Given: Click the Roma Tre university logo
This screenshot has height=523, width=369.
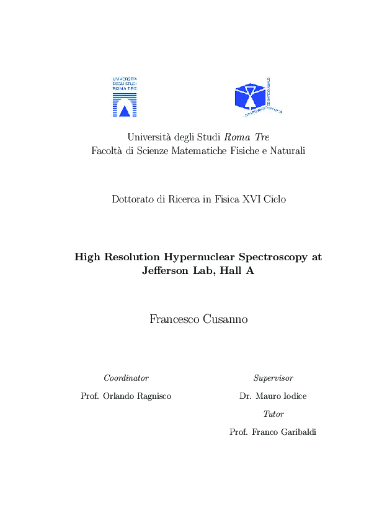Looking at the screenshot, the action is tap(125, 97).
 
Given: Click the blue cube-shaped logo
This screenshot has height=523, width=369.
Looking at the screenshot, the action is tap(254, 96).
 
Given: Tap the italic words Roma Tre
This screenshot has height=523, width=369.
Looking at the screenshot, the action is tap(246, 137).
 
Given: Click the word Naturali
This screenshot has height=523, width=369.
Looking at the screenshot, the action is tap(288, 151).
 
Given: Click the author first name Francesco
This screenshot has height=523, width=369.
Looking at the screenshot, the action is tap(174, 319).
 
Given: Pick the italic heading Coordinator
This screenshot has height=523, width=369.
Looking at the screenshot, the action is tap(126, 378).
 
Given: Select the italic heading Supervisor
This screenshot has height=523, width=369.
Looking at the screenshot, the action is tap(273, 378).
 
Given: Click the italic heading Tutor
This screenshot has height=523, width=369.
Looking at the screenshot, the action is tap(273, 414).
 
